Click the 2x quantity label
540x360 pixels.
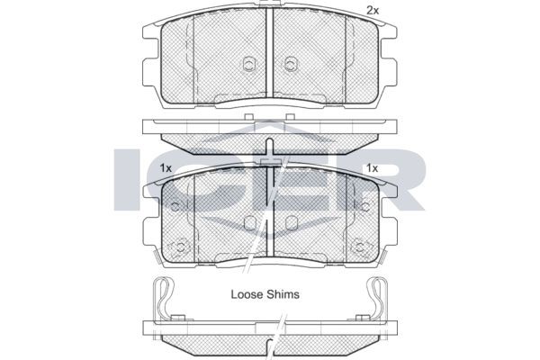point(372,11)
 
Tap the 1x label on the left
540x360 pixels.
point(166,168)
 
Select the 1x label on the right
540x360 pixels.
point(372,168)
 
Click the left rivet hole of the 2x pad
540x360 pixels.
point(248,64)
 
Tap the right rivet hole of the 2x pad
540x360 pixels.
point(291,64)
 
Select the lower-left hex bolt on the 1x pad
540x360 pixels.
point(179,247)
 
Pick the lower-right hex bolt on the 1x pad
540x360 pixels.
point(360,247)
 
